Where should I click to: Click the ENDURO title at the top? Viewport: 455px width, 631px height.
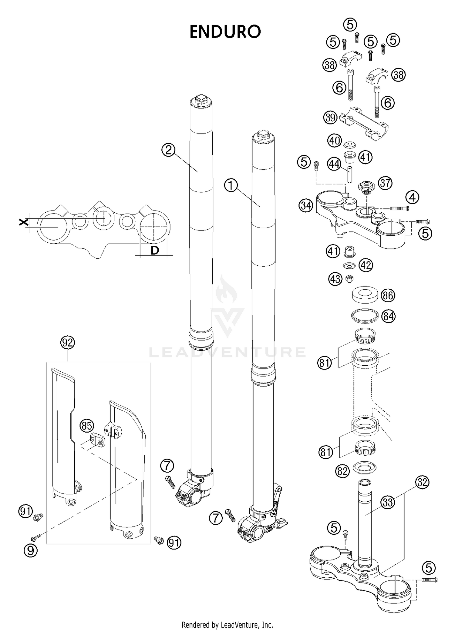[225, 32]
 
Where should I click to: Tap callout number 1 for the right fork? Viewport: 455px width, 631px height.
[231, 185]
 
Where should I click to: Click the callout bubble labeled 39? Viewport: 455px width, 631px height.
[330, 117]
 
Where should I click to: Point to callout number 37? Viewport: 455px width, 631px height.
[385, 183]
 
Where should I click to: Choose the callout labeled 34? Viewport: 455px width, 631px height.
[306, 206]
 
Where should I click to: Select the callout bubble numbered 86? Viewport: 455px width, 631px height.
[388, 295]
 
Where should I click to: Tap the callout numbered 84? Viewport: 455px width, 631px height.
[388, 317]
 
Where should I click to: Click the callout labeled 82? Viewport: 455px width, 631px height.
[342, 471]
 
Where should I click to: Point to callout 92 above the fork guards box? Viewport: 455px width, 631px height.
[67, 343]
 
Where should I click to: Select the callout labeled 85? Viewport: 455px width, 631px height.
[87, 426]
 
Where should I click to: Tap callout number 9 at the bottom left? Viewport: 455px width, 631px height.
[31, 550]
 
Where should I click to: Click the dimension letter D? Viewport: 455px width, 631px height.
[155, 250]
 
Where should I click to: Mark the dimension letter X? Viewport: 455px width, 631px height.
[23, 223]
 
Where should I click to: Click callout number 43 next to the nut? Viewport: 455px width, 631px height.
[335, 279]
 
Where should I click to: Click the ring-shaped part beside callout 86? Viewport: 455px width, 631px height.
[365, 295]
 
